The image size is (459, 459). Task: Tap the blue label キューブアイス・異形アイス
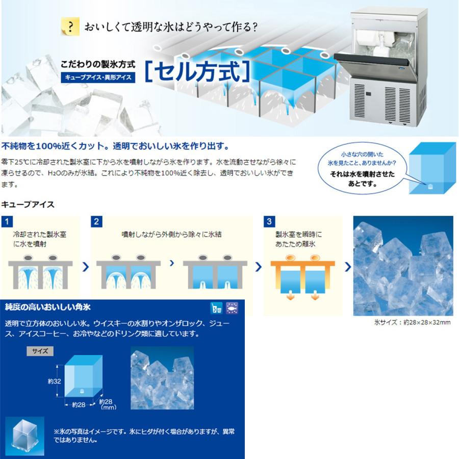97,78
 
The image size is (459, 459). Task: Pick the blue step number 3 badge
269,221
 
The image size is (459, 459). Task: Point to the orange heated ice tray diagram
303,275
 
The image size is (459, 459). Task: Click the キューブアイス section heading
28,205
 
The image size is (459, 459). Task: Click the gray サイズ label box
40,351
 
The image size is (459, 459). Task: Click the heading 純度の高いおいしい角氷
48,307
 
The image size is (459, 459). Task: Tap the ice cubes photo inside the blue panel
162,377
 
